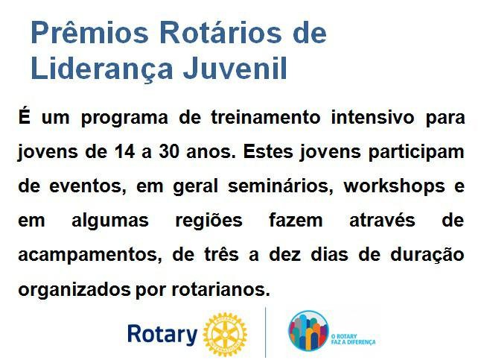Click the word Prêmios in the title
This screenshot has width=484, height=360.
90,33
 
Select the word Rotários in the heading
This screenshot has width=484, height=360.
220,32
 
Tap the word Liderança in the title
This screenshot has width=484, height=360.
102,69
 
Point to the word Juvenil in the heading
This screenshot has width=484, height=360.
235,68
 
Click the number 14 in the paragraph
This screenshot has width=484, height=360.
124,152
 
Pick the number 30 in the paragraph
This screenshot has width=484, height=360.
169,152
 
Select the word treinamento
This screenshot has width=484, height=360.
266,118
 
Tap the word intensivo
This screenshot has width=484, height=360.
372,118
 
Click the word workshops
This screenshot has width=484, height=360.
394,186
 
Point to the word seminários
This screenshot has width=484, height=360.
281,186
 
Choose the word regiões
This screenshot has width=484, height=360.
209,221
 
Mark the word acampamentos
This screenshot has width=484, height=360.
90,255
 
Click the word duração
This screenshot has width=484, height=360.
427,255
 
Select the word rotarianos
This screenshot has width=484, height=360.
220,289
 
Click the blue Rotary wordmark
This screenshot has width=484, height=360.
162,335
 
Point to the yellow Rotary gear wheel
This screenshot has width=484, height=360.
225,335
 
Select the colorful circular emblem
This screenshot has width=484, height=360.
308,331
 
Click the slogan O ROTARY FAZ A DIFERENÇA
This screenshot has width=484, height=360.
353,339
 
